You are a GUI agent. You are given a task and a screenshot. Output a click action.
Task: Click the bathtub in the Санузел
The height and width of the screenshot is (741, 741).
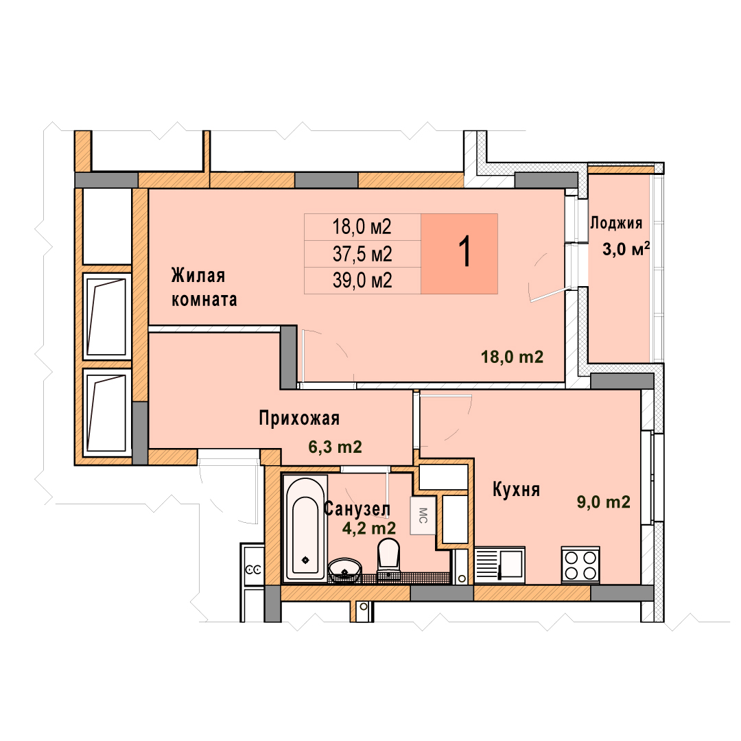[305, 528]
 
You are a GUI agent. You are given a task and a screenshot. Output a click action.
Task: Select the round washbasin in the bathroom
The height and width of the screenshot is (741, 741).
[344, 570]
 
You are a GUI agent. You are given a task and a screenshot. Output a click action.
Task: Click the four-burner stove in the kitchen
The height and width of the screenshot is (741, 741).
[580, 565]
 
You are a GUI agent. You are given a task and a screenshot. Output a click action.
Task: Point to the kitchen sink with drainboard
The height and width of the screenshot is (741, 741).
[499, 565]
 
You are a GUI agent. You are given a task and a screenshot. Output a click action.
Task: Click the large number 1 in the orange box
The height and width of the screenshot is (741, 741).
[465, 252]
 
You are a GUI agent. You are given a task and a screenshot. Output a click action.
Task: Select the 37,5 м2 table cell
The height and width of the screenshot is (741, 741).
[362, 255]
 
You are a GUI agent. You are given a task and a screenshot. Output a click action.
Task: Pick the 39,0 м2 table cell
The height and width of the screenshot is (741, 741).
[362, 281]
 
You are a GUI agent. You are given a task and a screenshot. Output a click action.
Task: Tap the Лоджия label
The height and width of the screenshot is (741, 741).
[615, 223]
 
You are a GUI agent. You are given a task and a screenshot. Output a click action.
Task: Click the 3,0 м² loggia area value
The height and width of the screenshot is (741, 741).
[626, 248]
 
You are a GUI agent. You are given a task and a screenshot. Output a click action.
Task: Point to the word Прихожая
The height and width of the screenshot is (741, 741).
[299, 419]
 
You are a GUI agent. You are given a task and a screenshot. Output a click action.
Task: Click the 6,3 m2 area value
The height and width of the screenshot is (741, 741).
[335, 447]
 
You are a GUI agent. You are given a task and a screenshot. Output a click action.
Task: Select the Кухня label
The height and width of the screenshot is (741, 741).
[516, 490]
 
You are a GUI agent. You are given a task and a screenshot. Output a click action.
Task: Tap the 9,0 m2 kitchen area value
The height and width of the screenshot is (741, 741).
[604, 502]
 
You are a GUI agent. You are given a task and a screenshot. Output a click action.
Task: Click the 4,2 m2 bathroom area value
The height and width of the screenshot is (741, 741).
[369, 528]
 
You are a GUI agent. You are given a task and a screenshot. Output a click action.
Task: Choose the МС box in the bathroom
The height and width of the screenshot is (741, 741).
[423, 515]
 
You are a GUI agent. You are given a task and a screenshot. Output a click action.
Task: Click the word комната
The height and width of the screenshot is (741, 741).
[204, 300]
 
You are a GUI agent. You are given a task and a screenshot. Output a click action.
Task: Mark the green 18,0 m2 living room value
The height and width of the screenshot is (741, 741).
[513, 357]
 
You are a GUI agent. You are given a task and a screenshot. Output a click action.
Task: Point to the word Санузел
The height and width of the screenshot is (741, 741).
[357, 509]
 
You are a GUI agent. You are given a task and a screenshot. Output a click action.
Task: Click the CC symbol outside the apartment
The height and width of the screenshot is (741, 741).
[253, 570]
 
